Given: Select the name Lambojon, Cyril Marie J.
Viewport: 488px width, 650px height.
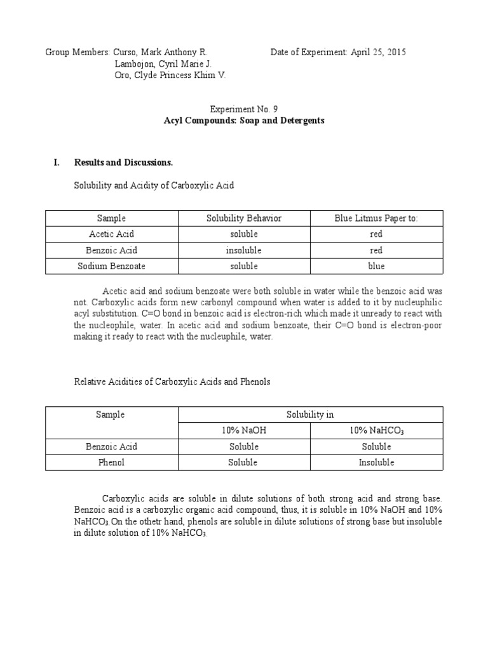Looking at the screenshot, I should (x=163, y=64).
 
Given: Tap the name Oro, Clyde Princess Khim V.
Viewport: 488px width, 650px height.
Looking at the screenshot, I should (x=170, y=76).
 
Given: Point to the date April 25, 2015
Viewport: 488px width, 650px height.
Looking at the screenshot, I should (x=378, y=52).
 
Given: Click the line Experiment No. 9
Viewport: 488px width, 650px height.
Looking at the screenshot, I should (x=243, y=109).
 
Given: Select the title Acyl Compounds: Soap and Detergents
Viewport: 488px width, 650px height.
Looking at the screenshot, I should (x=243, y=120).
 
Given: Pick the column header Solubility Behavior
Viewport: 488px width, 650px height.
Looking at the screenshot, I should (x=243, y=218).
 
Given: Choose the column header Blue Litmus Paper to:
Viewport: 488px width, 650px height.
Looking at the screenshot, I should (x=376, y=218).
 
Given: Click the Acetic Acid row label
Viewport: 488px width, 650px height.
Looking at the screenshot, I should (x=111, y=234).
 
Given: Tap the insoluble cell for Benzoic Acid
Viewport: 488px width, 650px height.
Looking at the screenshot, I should (x=243, y=250).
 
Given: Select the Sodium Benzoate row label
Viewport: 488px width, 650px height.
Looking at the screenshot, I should (x=111, y=266).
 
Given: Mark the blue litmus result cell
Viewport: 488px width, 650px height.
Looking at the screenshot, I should (x=376, y=266).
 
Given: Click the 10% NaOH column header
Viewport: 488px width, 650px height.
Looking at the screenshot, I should (x=243, y=430).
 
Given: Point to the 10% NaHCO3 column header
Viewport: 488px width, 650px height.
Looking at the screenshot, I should (x=376, y=431).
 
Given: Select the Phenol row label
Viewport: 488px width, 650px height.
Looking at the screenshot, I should (x=111, y=462).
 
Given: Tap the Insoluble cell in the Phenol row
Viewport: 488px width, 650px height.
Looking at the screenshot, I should (x=376, y=462).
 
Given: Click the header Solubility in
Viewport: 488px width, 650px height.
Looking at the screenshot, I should (x=310, y=415).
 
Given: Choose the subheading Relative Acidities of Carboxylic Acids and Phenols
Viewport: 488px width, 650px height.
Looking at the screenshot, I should (x=172, y=381).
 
